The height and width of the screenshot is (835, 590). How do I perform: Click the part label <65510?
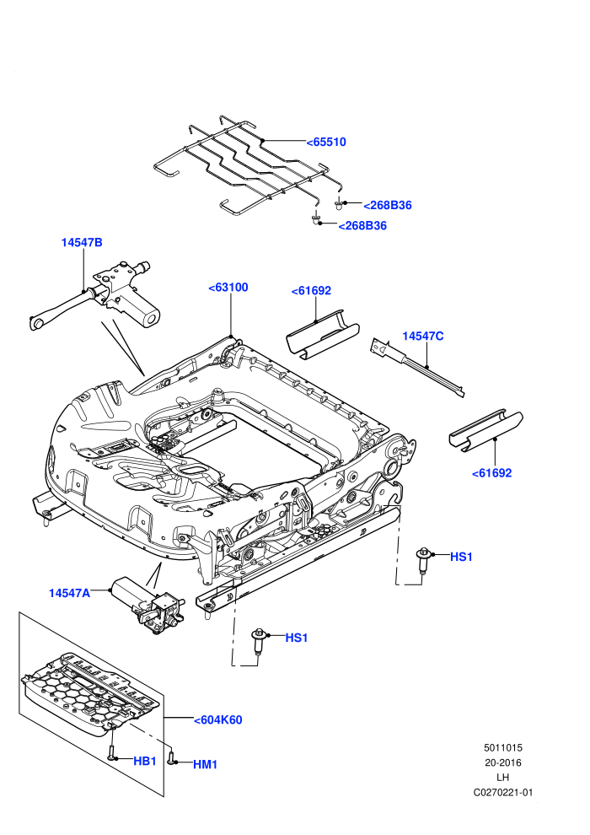[326, 143]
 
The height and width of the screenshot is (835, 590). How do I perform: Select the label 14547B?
[82, 242]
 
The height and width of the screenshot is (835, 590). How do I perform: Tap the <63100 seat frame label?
[228, 288]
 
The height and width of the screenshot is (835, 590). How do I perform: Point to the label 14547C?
[423, 336]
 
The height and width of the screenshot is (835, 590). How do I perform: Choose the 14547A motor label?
[70, 593]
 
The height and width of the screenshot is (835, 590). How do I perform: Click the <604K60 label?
[218, 720]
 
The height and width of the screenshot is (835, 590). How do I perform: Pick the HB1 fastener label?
[145, 762]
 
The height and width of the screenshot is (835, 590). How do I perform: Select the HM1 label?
[206, 765]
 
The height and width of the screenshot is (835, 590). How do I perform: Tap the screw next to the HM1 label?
[171, 757]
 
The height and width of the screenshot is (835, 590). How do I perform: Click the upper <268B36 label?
[388, 206]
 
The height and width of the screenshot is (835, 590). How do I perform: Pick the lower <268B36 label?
[362, 226]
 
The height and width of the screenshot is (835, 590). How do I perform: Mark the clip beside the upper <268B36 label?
[338, 204]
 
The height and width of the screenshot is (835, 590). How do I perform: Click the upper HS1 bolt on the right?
[423, 560]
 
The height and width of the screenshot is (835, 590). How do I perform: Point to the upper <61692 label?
[311, 291]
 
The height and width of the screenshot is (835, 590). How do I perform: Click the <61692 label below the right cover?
[492, 473]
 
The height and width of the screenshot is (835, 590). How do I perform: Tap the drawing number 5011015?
[502, 747]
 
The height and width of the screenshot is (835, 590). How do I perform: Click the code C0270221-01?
[502, 792]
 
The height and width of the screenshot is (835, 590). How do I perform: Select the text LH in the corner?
[502, 778]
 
